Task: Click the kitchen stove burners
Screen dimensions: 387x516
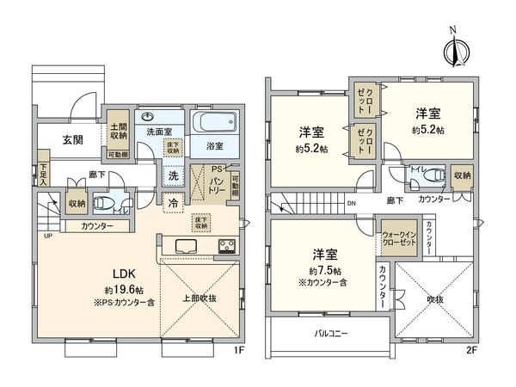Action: click(227, 247)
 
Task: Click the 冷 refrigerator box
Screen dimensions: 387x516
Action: click(174, 203)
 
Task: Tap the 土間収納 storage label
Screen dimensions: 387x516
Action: click(118, 131)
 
